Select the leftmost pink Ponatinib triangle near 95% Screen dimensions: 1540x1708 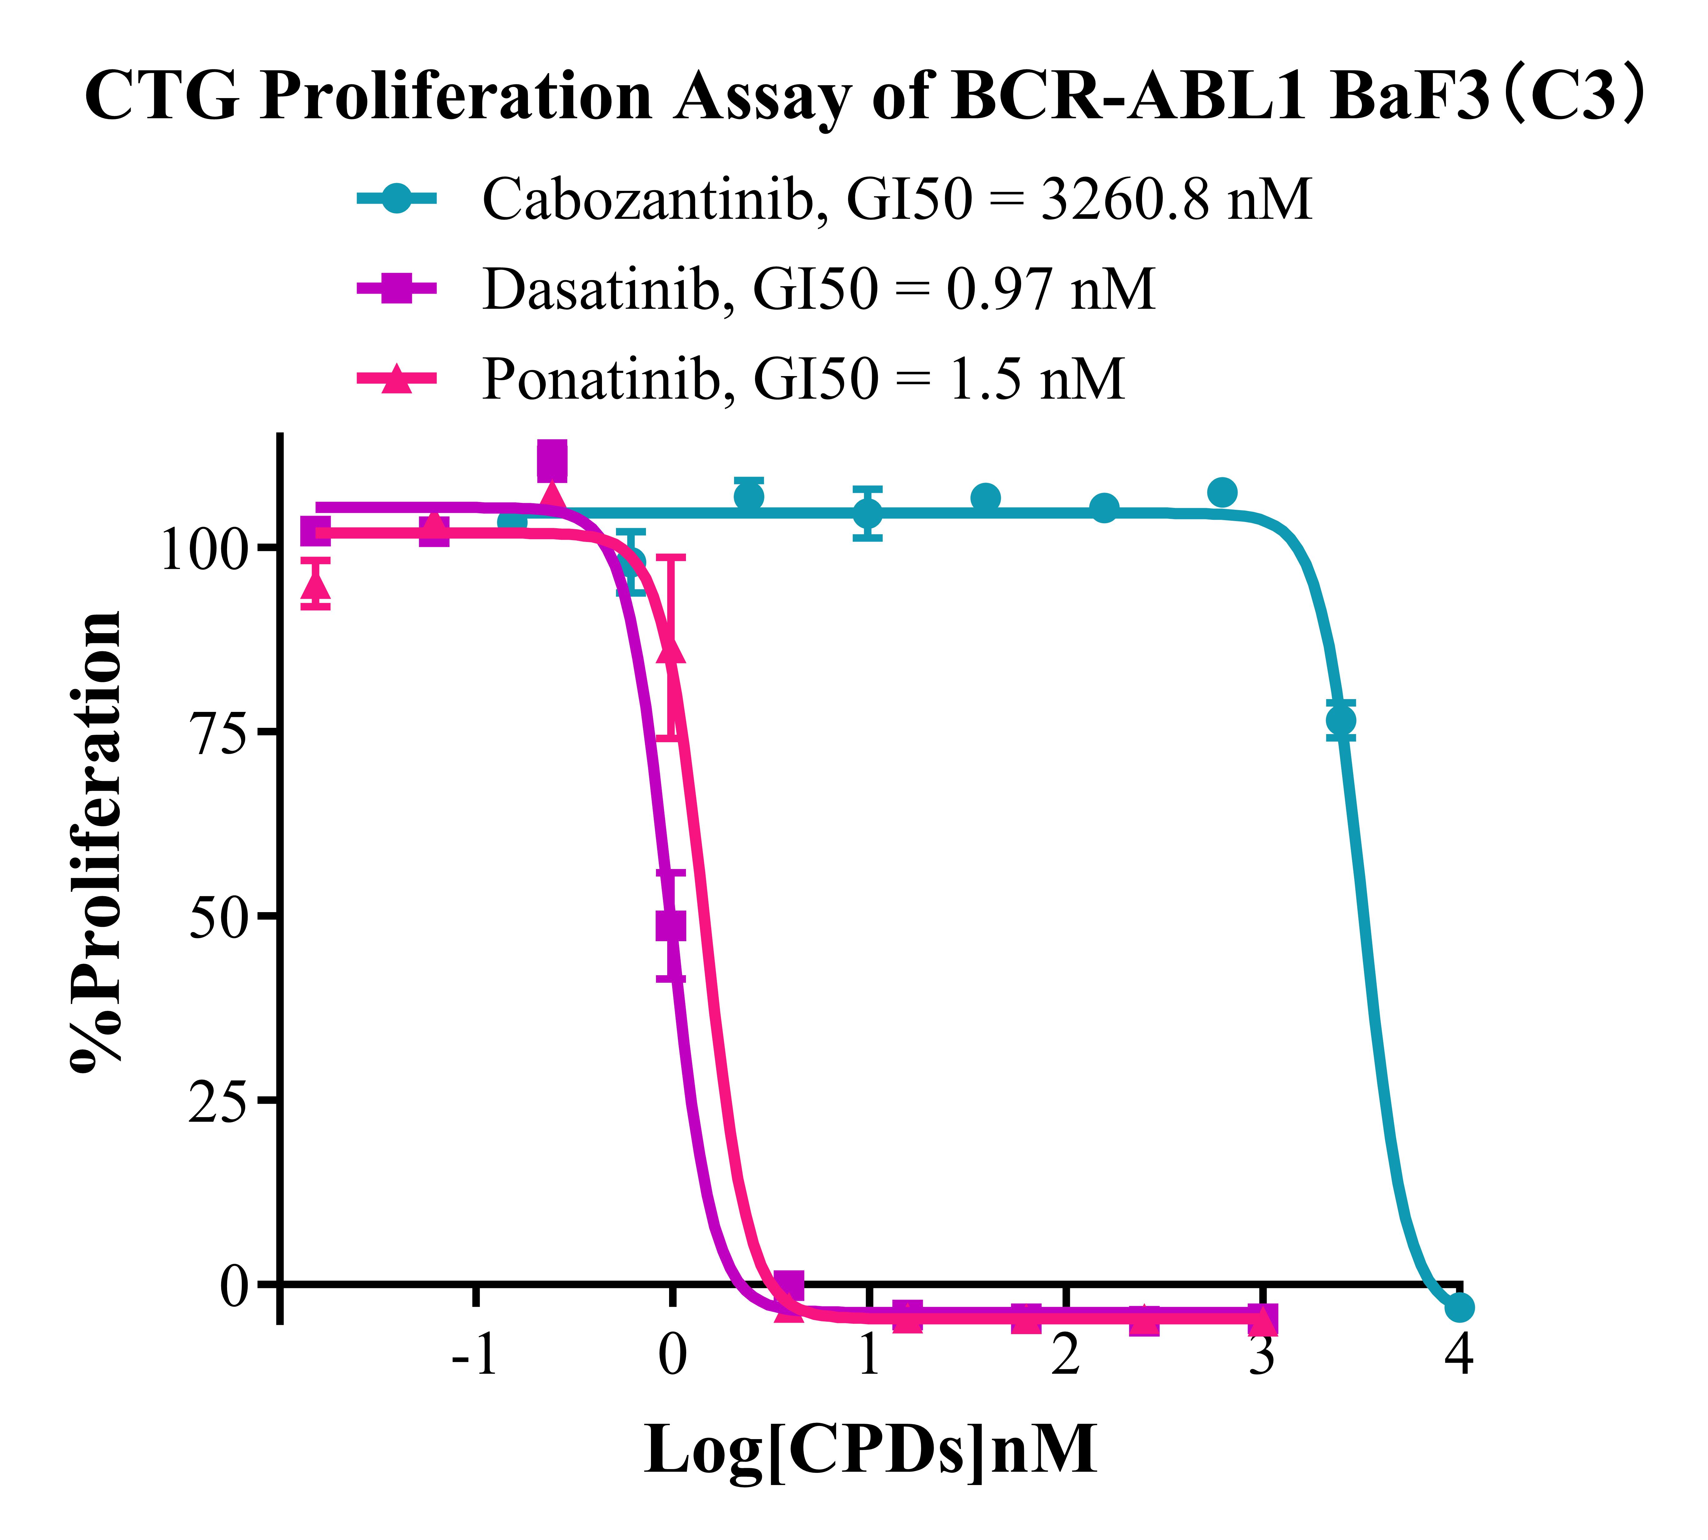click(x=315, y=584)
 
